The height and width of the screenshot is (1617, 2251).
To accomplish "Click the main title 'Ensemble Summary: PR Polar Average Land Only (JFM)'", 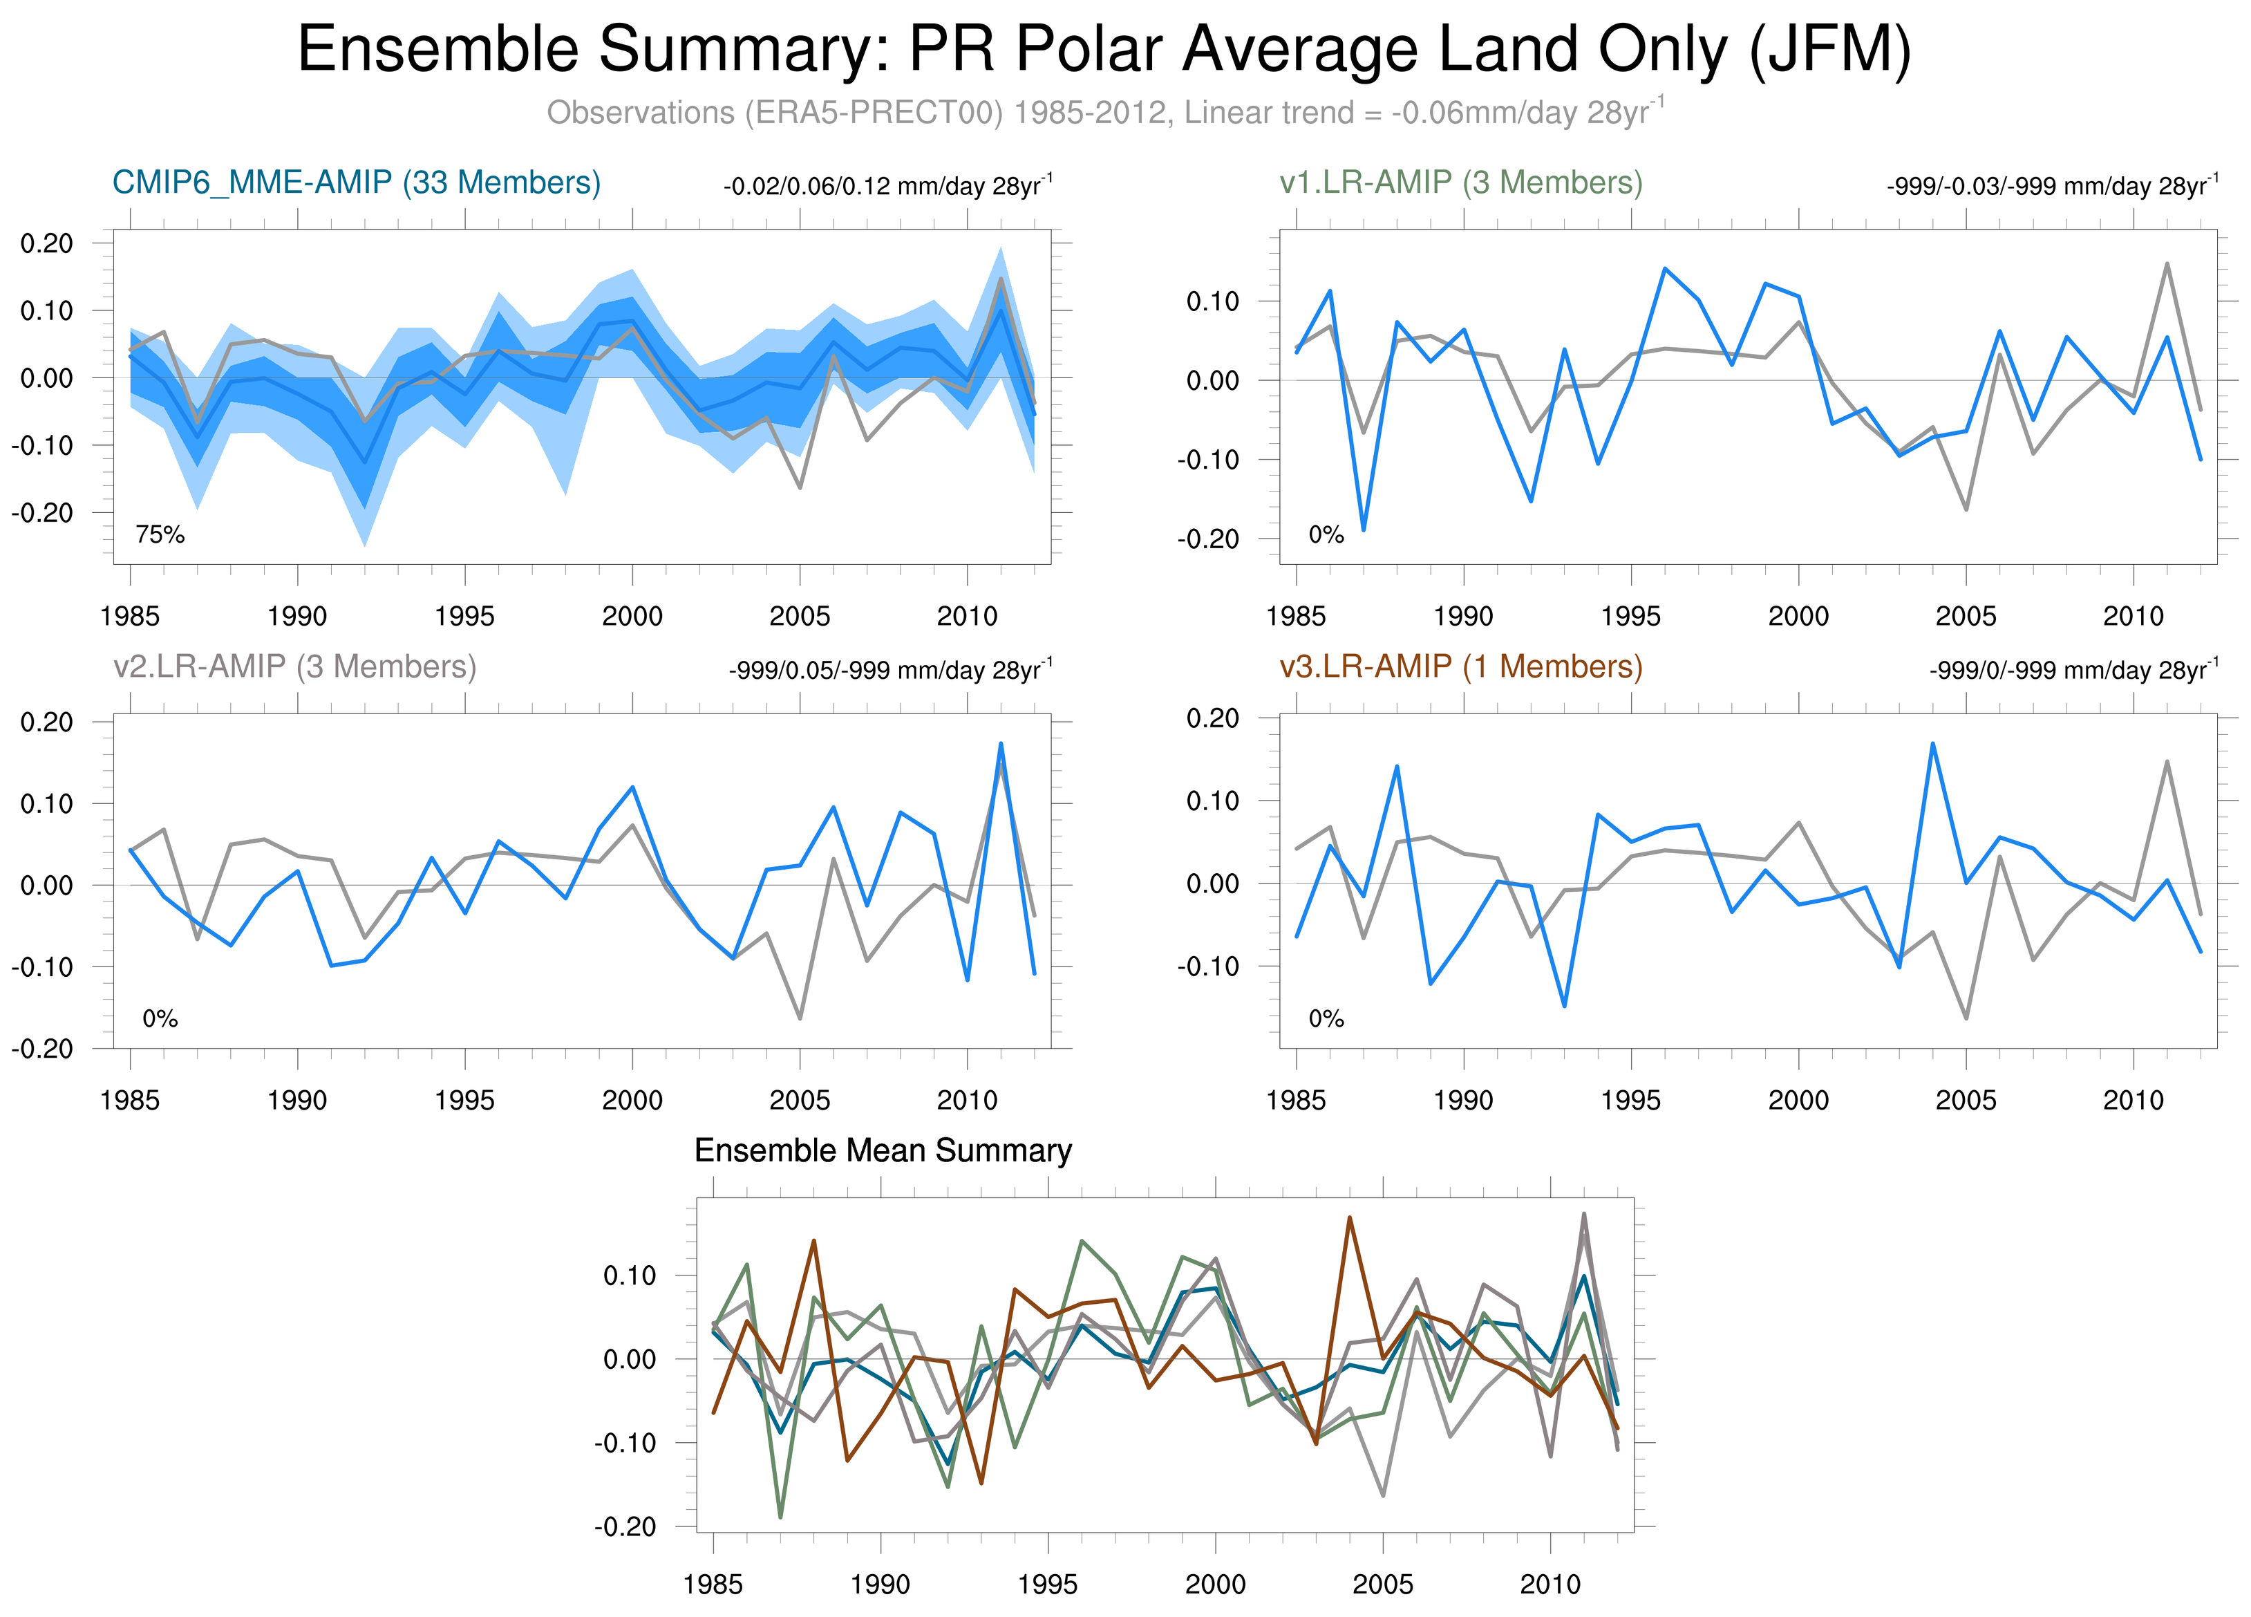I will [x=1104, y=50].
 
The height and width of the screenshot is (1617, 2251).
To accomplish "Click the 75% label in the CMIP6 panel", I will [x=160, y=535].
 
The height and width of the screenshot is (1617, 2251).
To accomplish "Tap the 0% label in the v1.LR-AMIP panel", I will [x=1326, y=535].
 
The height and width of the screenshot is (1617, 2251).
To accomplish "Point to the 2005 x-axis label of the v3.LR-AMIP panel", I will [x=1965, y=1100].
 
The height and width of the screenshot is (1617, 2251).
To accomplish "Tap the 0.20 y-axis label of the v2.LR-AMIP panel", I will [x=46, y=722].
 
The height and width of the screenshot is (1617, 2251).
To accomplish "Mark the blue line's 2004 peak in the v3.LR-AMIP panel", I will [x=1932, y=742].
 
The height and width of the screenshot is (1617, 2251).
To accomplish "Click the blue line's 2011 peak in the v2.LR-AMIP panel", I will [x=1001, y=742].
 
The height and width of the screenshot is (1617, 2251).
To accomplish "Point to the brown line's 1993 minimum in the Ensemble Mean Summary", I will [x=981, y=1483].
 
